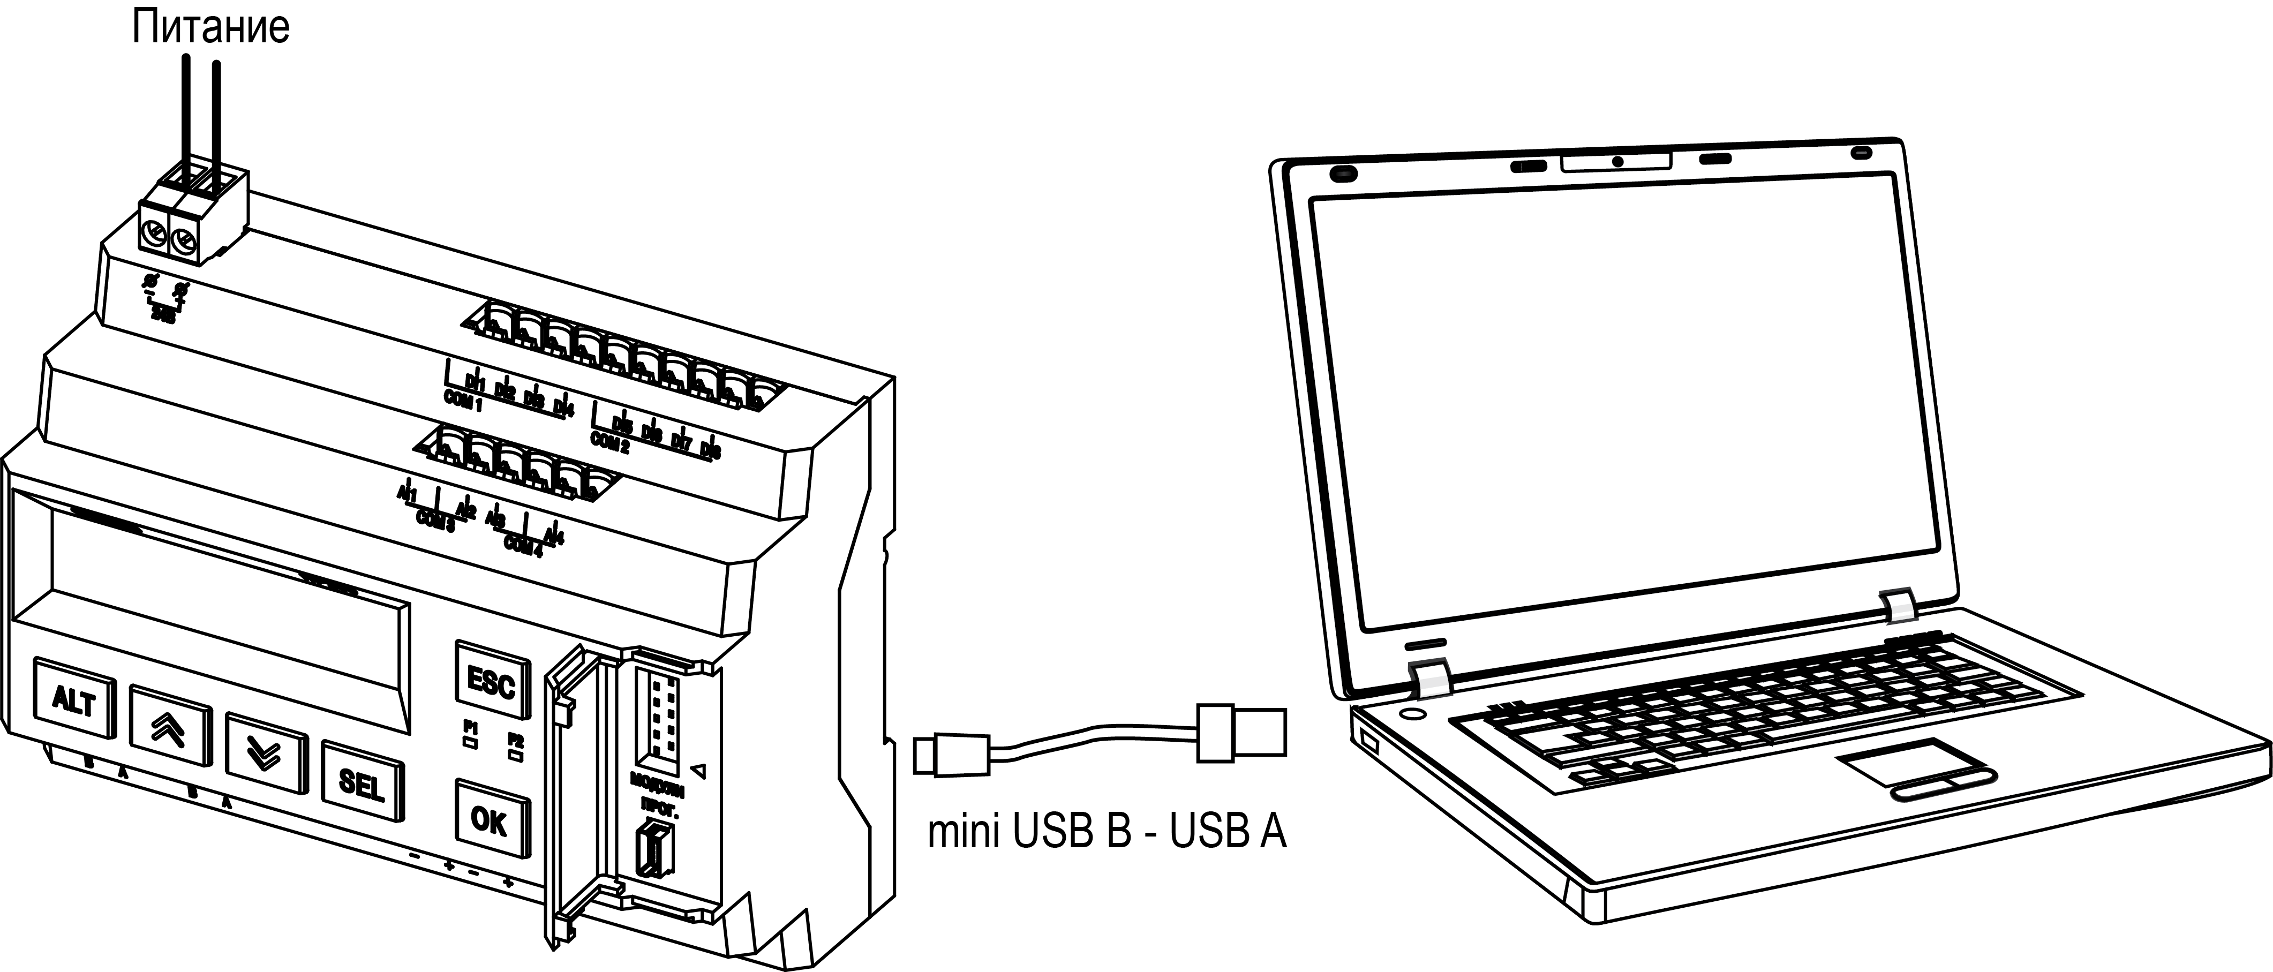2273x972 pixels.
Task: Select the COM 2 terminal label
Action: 609,441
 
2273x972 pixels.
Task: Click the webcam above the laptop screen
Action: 1617,161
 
